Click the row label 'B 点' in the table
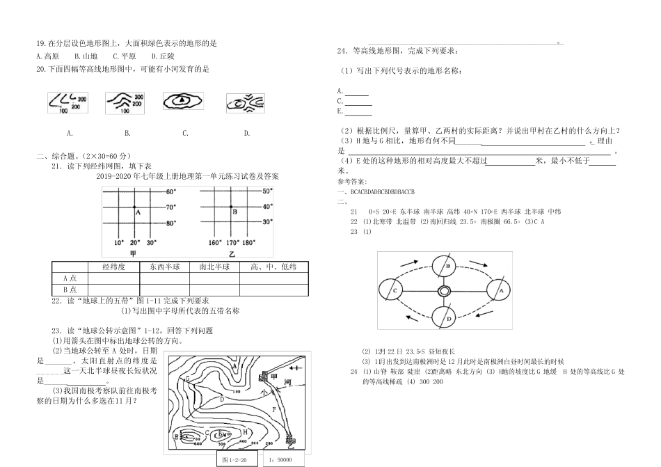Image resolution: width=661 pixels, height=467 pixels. [x=70, y=290]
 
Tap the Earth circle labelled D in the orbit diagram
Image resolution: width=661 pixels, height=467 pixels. [x=449, y=319]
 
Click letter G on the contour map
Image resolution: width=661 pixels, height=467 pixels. [x=187, y=377]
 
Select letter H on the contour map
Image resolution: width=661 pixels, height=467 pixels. [x=245, y=432]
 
